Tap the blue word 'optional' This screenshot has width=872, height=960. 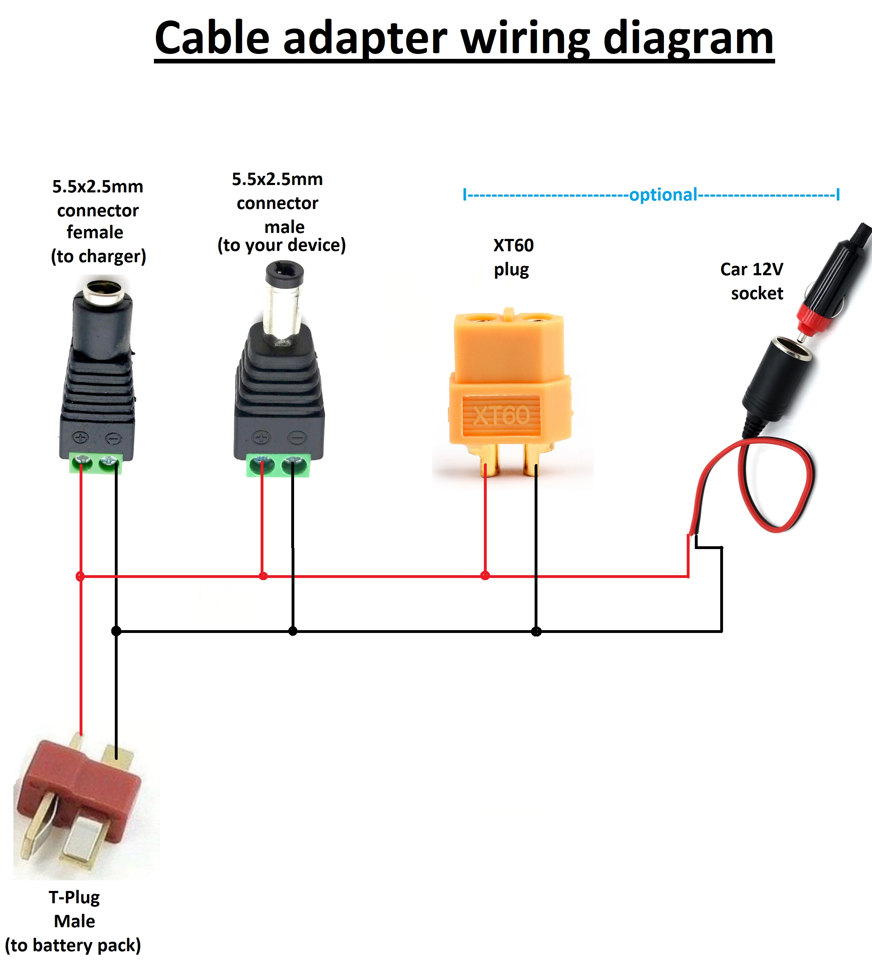coord(663,195)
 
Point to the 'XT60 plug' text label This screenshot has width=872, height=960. coord(513,258)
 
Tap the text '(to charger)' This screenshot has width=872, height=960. coord(98,256)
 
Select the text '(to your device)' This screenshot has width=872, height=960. coord(281,245)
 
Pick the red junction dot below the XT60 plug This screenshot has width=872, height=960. coord(485,576)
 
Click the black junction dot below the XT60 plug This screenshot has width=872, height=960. coord(536,632)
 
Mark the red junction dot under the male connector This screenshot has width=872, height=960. coord(263,576)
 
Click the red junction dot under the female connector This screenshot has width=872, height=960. coord(80,576)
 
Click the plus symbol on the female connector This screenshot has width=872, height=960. coord(80,438)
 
